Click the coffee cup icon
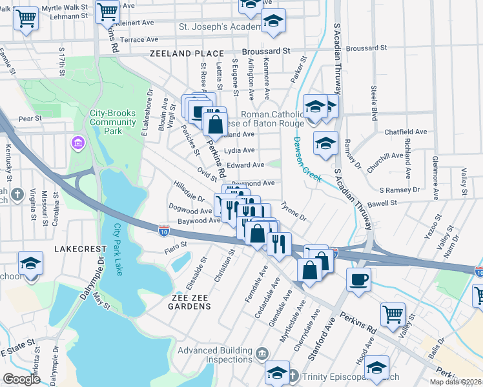[358, 279]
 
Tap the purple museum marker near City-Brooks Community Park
[79, 142]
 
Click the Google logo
[21, 379]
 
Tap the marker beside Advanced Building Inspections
[262, 353]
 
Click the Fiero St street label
[175, 246]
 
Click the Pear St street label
[30, 119]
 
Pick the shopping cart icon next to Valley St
[393, 314]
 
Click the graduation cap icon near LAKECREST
[30, 263]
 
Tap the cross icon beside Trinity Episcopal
[292, 375]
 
